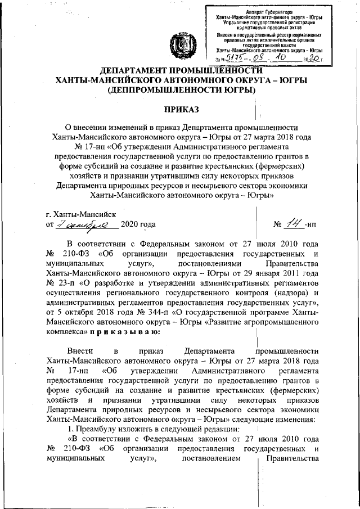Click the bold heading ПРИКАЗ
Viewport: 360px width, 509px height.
pyautogui.click(x=180, y=107)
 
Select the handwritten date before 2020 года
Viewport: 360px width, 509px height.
pyautogui.click(x=88, y=224)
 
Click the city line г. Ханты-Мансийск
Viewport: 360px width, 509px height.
pyautogui.click(x=80, y=214)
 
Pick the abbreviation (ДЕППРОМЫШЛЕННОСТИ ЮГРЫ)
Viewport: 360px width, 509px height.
pyautogui.click(x=180, y=90)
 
